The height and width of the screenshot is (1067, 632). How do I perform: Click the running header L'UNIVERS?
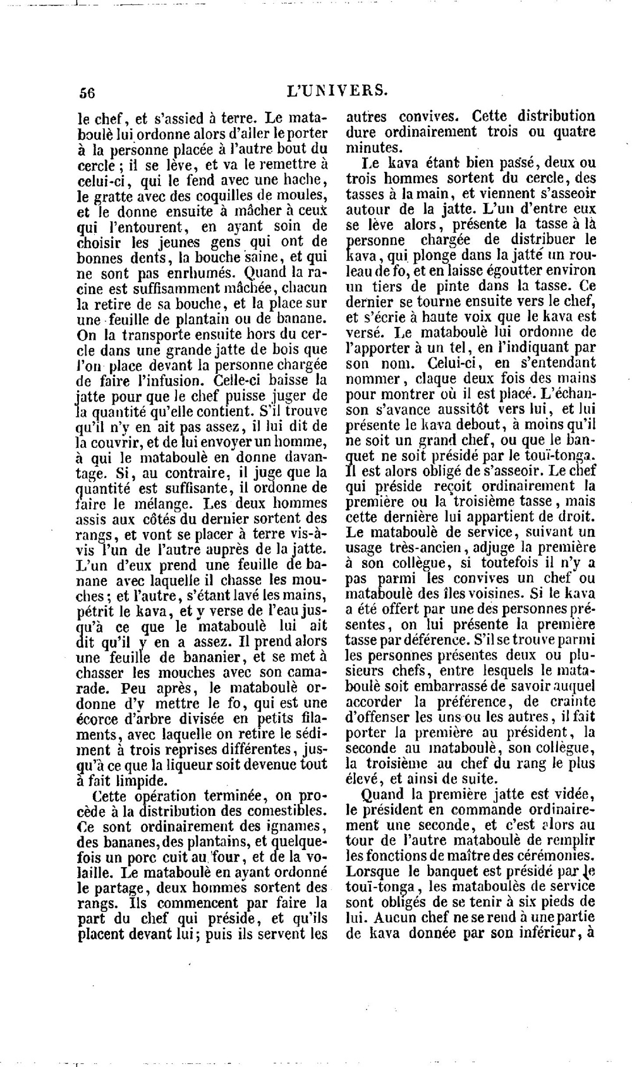click(336, 90)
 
